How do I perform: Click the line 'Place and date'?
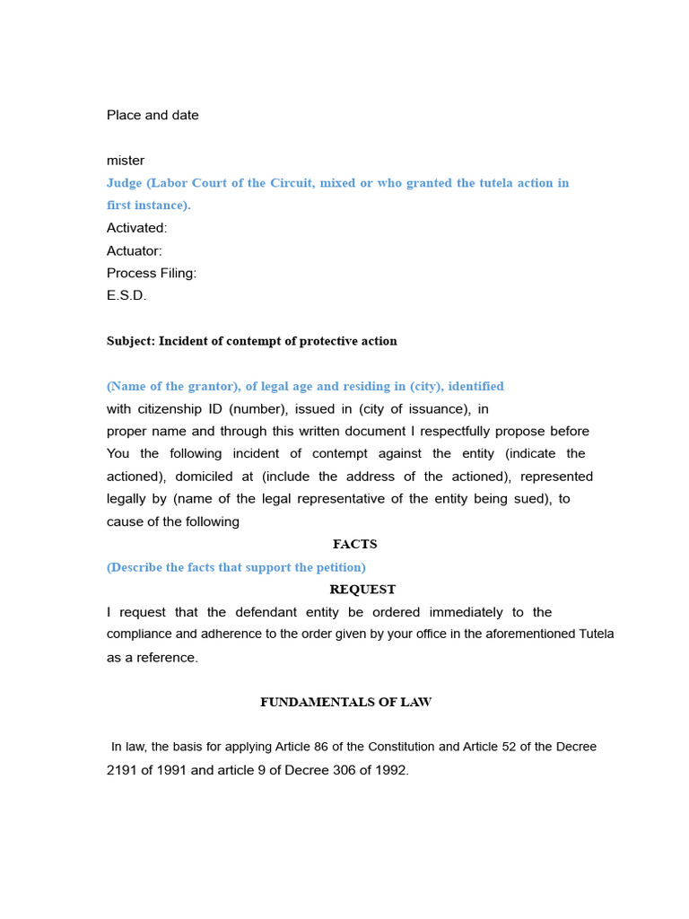(153, 115)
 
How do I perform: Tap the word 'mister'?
(126, 161)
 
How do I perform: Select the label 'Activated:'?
(137, 228)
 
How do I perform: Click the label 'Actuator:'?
(135, 251)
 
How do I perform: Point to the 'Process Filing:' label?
(152, 273)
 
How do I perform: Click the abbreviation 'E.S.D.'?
(126, 295)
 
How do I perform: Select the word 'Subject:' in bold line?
(131, 341)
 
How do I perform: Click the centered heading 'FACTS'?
(354, 544)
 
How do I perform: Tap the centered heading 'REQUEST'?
(362, 590)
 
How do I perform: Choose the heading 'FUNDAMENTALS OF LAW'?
(345, 702)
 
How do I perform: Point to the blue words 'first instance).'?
(149, 206)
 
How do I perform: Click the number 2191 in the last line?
(122, 770)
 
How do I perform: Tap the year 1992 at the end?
(392, 770)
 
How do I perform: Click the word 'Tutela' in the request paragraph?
(594, 635)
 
